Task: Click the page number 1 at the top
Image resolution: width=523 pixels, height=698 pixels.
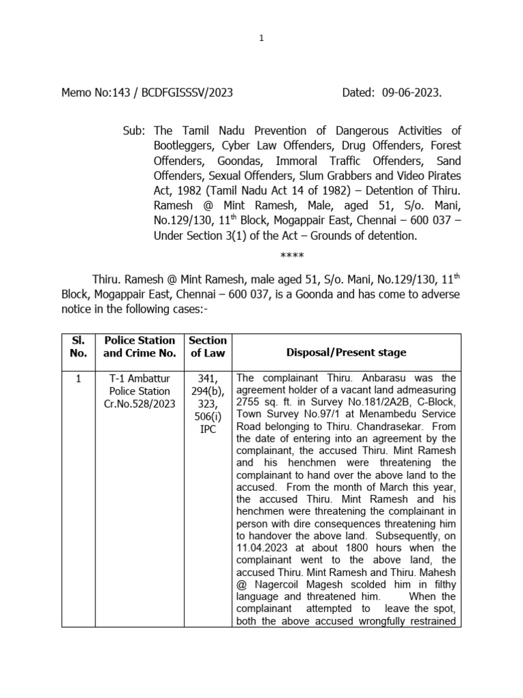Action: point(261,38)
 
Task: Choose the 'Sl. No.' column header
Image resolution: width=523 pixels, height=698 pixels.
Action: point(78,346)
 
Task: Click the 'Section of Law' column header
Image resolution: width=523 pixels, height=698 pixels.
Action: point(208,346)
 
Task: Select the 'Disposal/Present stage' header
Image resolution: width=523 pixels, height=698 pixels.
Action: point(346,352)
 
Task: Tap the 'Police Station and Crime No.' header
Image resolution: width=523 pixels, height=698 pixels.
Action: point(140,346)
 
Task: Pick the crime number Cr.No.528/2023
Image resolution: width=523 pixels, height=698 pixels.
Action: point(140,404)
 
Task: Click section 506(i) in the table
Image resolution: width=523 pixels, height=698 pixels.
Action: point(207,417)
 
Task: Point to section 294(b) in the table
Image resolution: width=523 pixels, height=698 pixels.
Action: point(207,391)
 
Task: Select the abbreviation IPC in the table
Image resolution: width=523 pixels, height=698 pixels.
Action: point(207,430)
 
